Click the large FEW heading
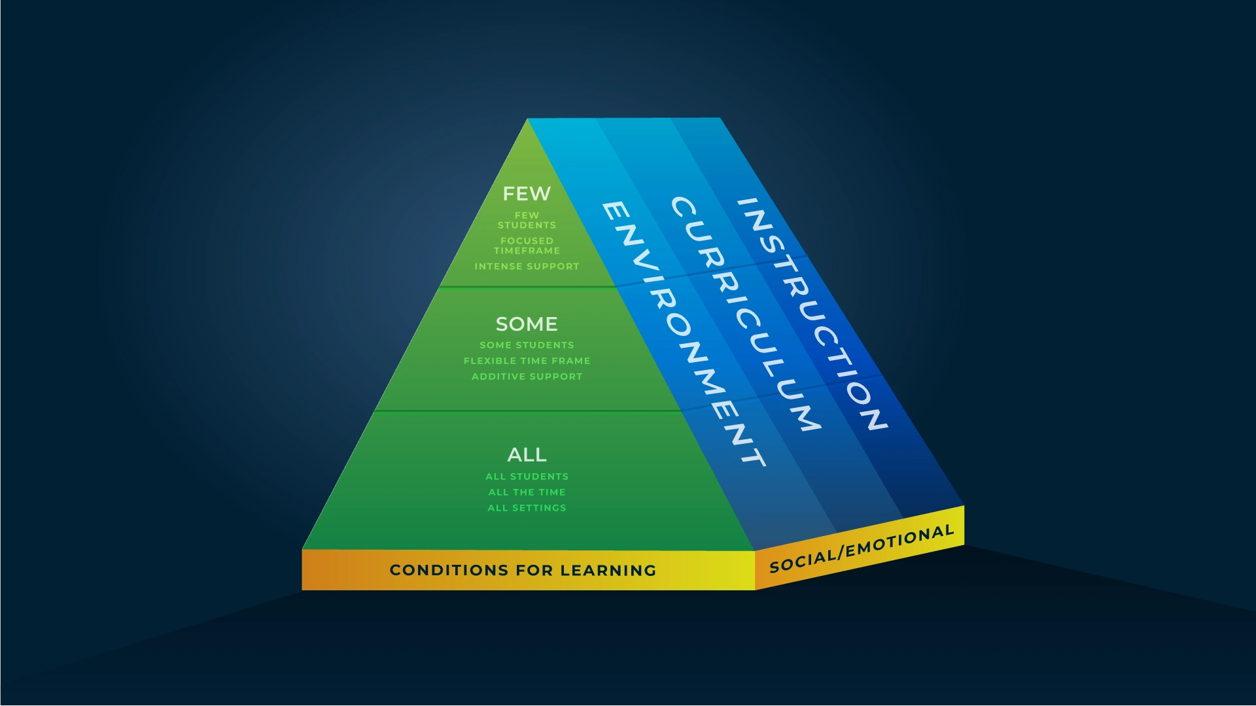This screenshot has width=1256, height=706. click(527, 193)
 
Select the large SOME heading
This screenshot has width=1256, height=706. click(527, 324)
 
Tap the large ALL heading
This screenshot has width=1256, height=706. click(527, 454)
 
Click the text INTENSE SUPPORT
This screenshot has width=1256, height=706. click(527, 266)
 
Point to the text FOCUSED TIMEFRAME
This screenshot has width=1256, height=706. click(527, 246)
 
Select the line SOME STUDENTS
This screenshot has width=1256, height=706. click(527, 345)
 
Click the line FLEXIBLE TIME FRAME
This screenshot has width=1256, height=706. click(527, 361)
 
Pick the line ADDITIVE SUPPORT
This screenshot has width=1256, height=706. click(527, 377)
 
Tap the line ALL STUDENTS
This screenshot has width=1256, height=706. click(527, 477)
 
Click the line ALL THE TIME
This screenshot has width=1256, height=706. click(527, 492)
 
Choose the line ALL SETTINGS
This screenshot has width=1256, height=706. click(527, 508)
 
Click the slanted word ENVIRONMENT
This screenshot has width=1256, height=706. click(684, 334)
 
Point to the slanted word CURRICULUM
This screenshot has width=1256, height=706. click(746, 314)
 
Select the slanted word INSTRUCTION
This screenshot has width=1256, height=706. click(812, 314)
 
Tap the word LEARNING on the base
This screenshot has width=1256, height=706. click(608, 570)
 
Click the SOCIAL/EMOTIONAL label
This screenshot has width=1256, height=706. click(862, 549)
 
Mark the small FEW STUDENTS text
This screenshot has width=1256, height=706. click(527, 220)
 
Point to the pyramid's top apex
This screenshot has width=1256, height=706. click(527, 119)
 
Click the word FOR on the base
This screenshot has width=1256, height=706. click(534, 570)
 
